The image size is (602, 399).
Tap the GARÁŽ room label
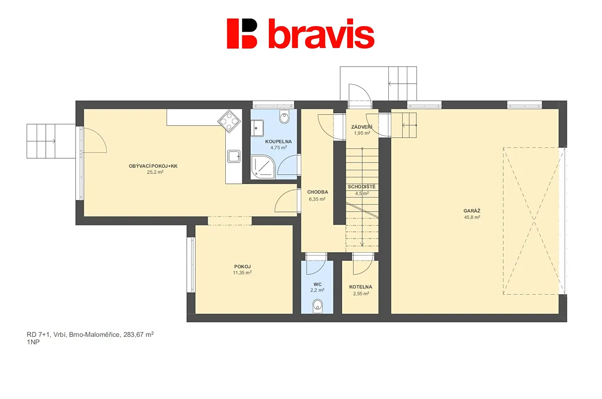pyautogui.click(x=472, y=211)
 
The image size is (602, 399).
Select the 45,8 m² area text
pyautogui.click(x=472, y=217)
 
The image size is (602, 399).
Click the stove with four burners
pyautogui.click(x=229, y=121)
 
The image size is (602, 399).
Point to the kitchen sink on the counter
pyautogui.click(x=234, y=156)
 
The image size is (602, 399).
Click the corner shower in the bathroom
pyautogui.click(x=262, y=167)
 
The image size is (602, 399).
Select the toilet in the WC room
pyautogui.click(x=318, y=306)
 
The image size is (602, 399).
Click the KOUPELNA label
pyautogui.click(x=278, y=141)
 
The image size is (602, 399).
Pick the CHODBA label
pyautogui.click(x=318, y=192)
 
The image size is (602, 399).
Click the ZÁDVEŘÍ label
pyautogui.click(x=362, y=127)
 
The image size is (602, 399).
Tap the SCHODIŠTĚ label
pyautogui.click(x=362, y=186)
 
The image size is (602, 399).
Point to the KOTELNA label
pyautogui.click(x=361, y=287)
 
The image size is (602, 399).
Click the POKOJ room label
pyautogui.click(x=242, y=267)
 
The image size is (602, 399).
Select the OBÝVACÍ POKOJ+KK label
pyautogui.click(x=153, y=166)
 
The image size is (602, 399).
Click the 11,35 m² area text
pyautogui.click(x=242, y=273)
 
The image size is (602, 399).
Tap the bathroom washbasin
pyautogui.click(x=257, y=128)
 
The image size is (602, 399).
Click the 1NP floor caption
pyautogui.click(x=33, y=342)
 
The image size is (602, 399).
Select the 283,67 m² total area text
pyautogui.click(x=138, y=334)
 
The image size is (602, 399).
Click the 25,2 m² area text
pyautogui.click(x=155, y=172)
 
